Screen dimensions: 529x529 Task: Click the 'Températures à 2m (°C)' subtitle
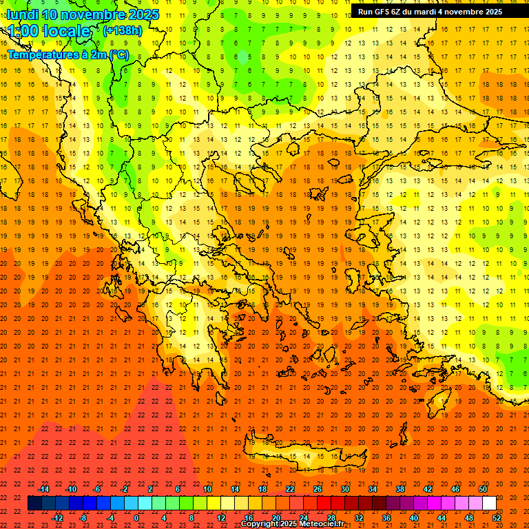point(68,54)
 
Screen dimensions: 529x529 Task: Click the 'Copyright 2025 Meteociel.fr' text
point(292,524)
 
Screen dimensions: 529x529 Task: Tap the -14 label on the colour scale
point(43,489)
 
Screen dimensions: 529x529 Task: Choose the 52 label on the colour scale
point(497,518)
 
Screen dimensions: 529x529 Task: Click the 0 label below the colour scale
point(136,518)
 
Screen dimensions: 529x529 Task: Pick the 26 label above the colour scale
point(318,489)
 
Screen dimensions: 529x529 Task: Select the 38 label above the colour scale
point(400,489)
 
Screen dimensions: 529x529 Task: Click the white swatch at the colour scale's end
point(489,504)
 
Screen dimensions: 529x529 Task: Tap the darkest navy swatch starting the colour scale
point(34,504)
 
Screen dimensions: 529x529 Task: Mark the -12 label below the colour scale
point(58,518)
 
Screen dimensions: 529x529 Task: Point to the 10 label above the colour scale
point(207,489)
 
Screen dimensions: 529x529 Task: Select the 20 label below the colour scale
point(276,518)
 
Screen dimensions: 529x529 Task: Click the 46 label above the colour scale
point(455,489)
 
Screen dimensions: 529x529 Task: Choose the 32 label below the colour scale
point(358,518)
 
